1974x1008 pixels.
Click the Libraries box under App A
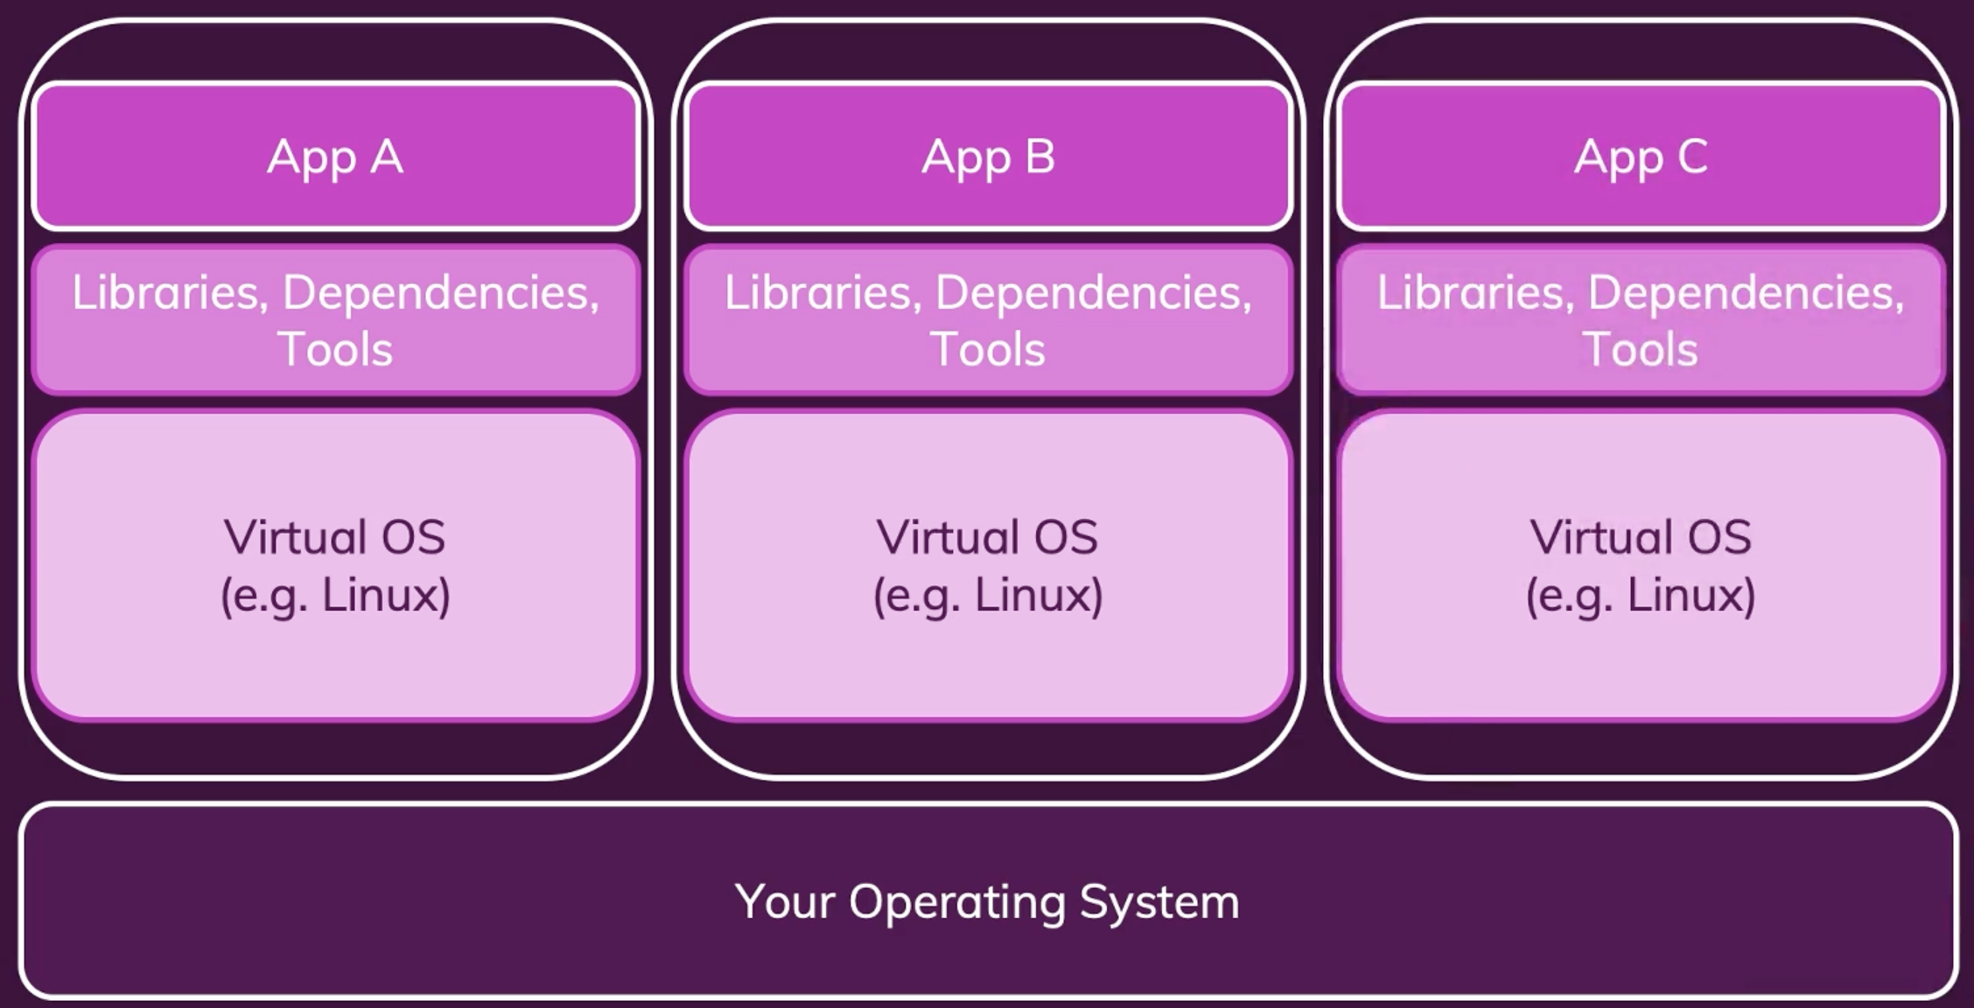tap(335, 320)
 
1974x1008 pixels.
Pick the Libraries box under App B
tap(988, 320)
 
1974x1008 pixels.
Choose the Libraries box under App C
tap(1641, 320)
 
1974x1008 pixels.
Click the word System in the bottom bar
tap(1159, 901)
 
